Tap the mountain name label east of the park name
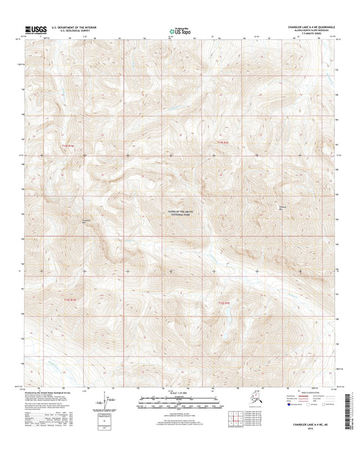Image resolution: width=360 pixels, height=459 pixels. click(x=284, y=207)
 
